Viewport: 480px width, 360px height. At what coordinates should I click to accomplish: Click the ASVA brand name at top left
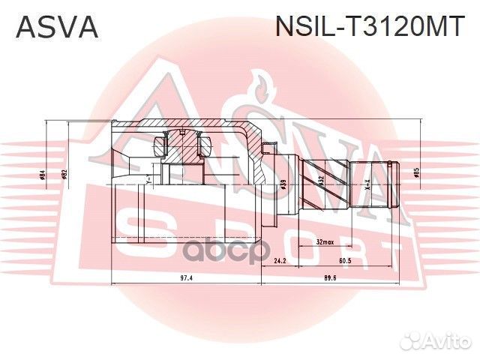point(57,26)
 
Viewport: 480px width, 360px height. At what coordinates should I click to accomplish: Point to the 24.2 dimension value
point(280,262)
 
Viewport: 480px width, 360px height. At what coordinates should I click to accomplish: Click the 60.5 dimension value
point(345,262)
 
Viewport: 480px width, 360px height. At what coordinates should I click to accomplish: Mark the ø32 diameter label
point(320,180)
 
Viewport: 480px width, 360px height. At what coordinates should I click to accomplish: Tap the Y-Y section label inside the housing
point(149,180)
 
